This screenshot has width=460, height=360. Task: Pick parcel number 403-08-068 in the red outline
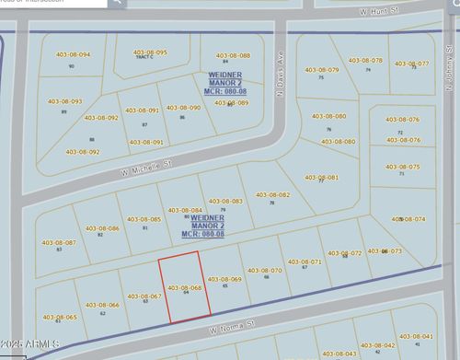coord(185,287)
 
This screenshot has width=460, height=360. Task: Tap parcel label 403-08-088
coord(233,55)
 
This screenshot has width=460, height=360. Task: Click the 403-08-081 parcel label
coord(321,177)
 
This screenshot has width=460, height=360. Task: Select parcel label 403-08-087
coord(60,241)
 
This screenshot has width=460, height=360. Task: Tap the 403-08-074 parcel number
coord(408,219)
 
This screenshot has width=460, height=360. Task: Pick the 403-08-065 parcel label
coord(60,316)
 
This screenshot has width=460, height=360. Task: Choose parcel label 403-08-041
coord(416,337)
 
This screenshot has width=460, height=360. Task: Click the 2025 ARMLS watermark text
coord(30,345)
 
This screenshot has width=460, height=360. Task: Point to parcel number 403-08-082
coord(272,194)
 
